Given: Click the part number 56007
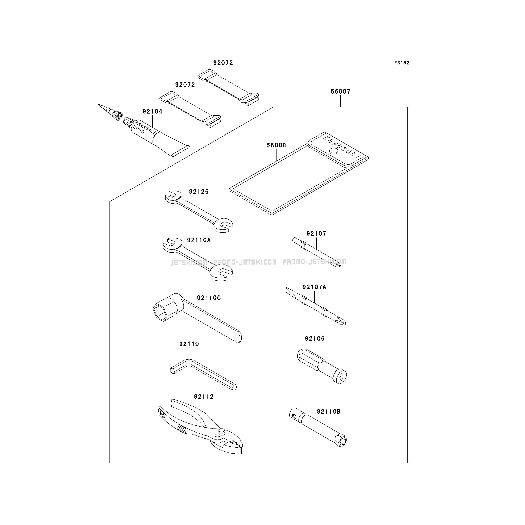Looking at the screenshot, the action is click(340, 91).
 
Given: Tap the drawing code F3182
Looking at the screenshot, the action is click(402, 63).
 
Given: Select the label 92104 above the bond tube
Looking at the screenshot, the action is click(152, 111).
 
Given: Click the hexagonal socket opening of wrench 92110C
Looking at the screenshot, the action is click(161, 313).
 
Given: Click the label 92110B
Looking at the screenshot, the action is click(329, 412).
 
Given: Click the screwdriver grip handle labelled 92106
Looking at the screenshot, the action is click(322, 366).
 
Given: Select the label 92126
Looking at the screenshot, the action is click(199, 192).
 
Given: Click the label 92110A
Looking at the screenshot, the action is click(199, 240).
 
